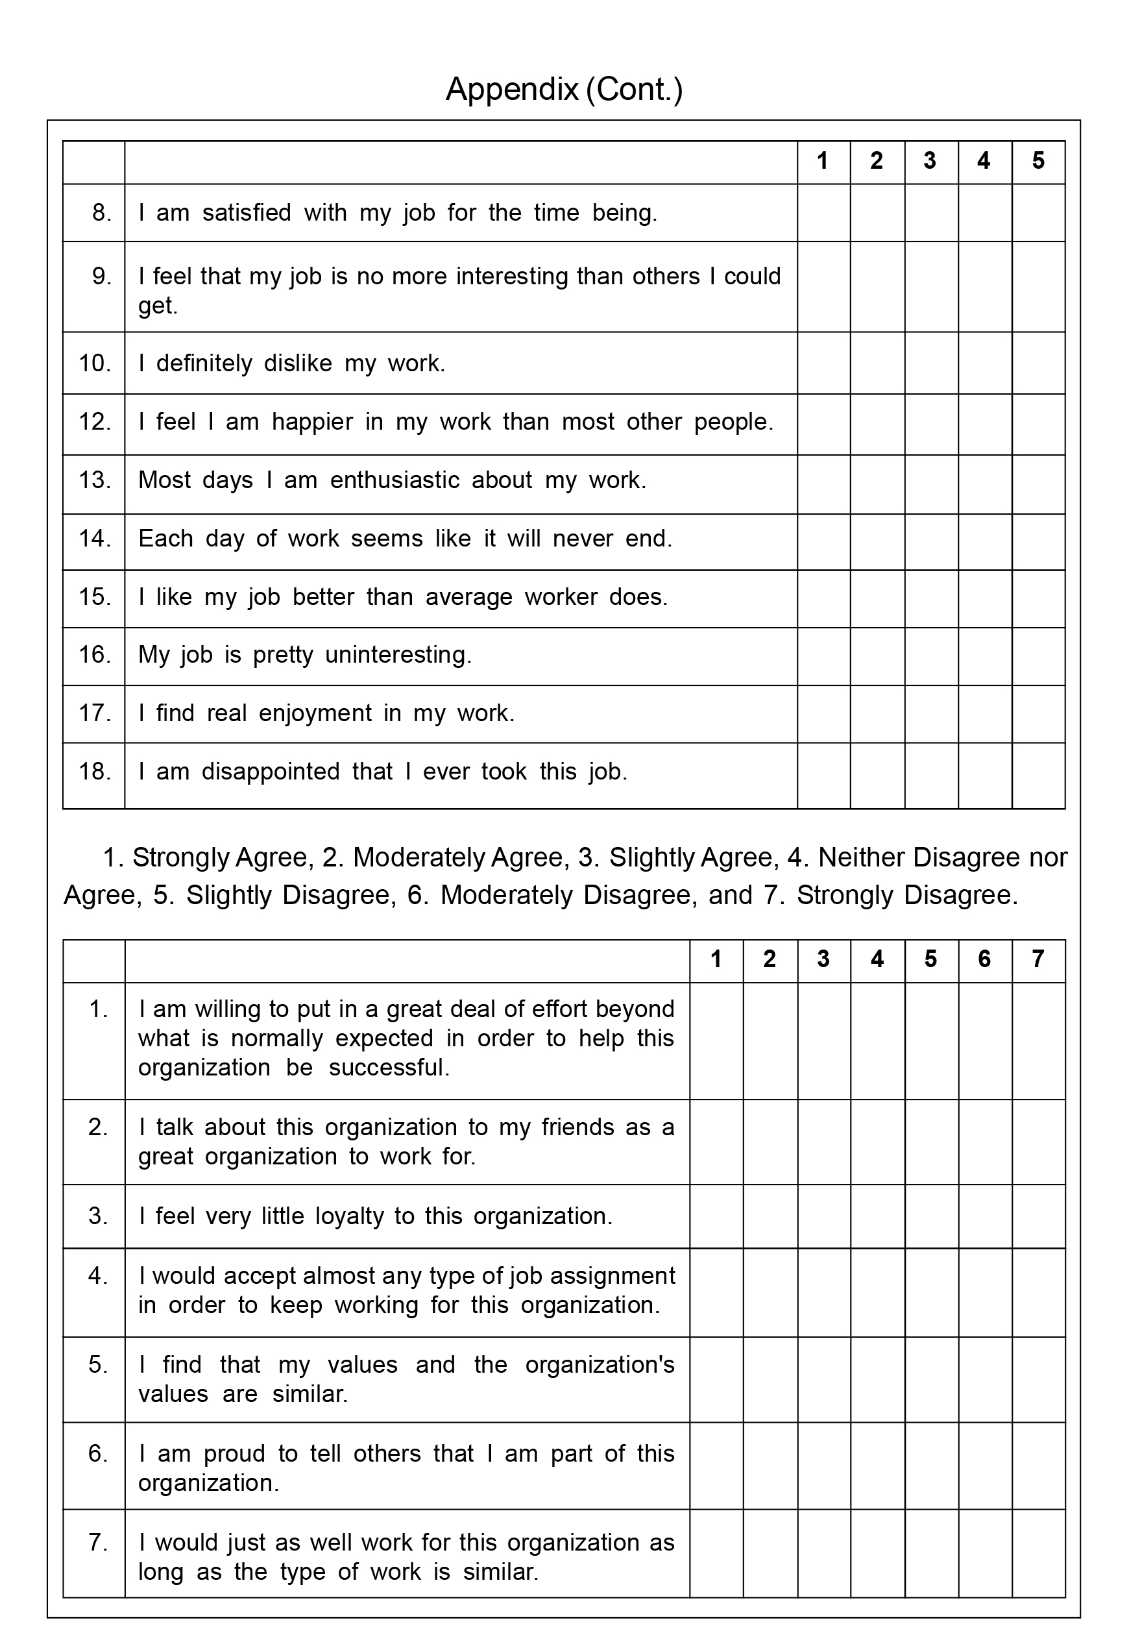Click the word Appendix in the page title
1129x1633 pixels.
[511, 90]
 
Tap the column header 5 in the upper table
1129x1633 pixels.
[1038, 162]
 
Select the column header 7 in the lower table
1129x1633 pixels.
[1038, 959]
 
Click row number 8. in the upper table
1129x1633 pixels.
[102, 212]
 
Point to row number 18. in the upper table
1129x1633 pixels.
[95, 771]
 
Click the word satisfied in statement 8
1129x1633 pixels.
[246, 212]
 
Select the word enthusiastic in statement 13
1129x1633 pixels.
[395, 480]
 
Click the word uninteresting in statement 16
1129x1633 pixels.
[398, 654]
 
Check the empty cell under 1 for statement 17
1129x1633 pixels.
[823, 713]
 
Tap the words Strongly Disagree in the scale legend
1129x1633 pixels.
[906, 895]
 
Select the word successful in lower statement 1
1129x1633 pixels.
[389, 1067]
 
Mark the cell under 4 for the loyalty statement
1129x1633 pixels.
[877, 1216]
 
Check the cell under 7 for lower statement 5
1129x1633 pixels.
[1038, 1379]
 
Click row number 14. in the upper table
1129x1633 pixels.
[95, 539]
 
